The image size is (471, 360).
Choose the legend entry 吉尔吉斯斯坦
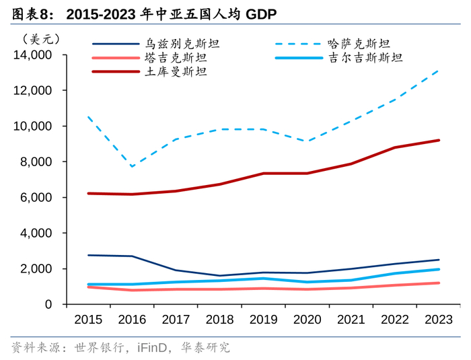point(365,58)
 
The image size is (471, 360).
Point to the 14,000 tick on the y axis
point(34,55)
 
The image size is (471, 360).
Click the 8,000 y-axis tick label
point(37,161)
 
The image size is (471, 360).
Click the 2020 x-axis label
point(308,319)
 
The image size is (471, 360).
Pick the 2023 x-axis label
point(439,319)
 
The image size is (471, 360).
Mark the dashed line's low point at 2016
point(133,167)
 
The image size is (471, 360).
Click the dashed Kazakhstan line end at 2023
point(439,69)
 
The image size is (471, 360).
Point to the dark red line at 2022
point(396,147)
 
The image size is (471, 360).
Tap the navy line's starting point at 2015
point(89,255)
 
